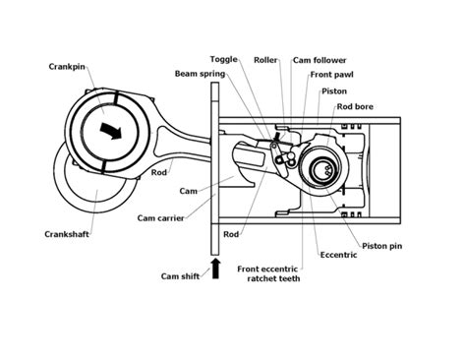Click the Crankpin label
(66, 67)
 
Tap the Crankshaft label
(67, 234)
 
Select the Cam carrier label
(162, 217)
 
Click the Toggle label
(224, 59)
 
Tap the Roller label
(262, 59)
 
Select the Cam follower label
(319, 59)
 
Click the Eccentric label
(338, 255)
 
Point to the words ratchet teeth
(272, 278)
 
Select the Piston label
(333, 90)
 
